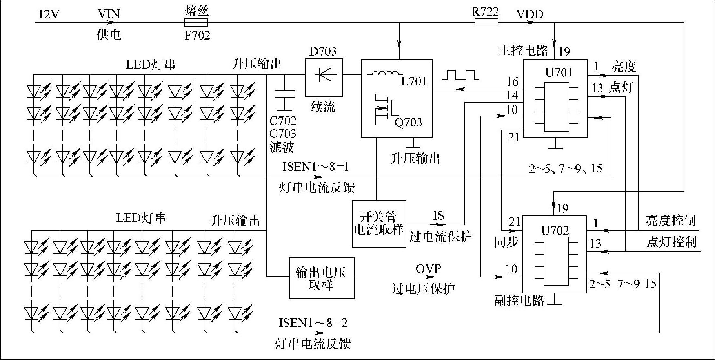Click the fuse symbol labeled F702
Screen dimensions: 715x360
click(x=196, y=22)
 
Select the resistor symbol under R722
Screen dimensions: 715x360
click(x=486, y=22)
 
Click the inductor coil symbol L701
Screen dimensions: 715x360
click(x=384, y=74)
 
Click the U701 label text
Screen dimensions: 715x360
click(x=559, y=73)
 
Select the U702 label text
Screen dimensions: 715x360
click(x=555, y=231)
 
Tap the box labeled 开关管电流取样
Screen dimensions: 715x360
click(x=379, y=224)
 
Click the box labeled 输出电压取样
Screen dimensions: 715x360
click(x=322, y=278)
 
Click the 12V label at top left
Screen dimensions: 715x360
click(x=49, y=15)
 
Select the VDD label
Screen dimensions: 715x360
click(x=530, y=15)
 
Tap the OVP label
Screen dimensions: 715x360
click(x=428, y=269)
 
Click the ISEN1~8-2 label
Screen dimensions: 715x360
click(x=313, y=323)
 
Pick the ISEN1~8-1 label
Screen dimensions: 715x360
click(x=315, y=167)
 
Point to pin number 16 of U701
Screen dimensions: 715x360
click(x=513, y=82)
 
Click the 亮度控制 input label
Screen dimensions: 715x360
click(x=671, y=221)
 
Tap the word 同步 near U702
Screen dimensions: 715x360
click(x=506, y=242)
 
